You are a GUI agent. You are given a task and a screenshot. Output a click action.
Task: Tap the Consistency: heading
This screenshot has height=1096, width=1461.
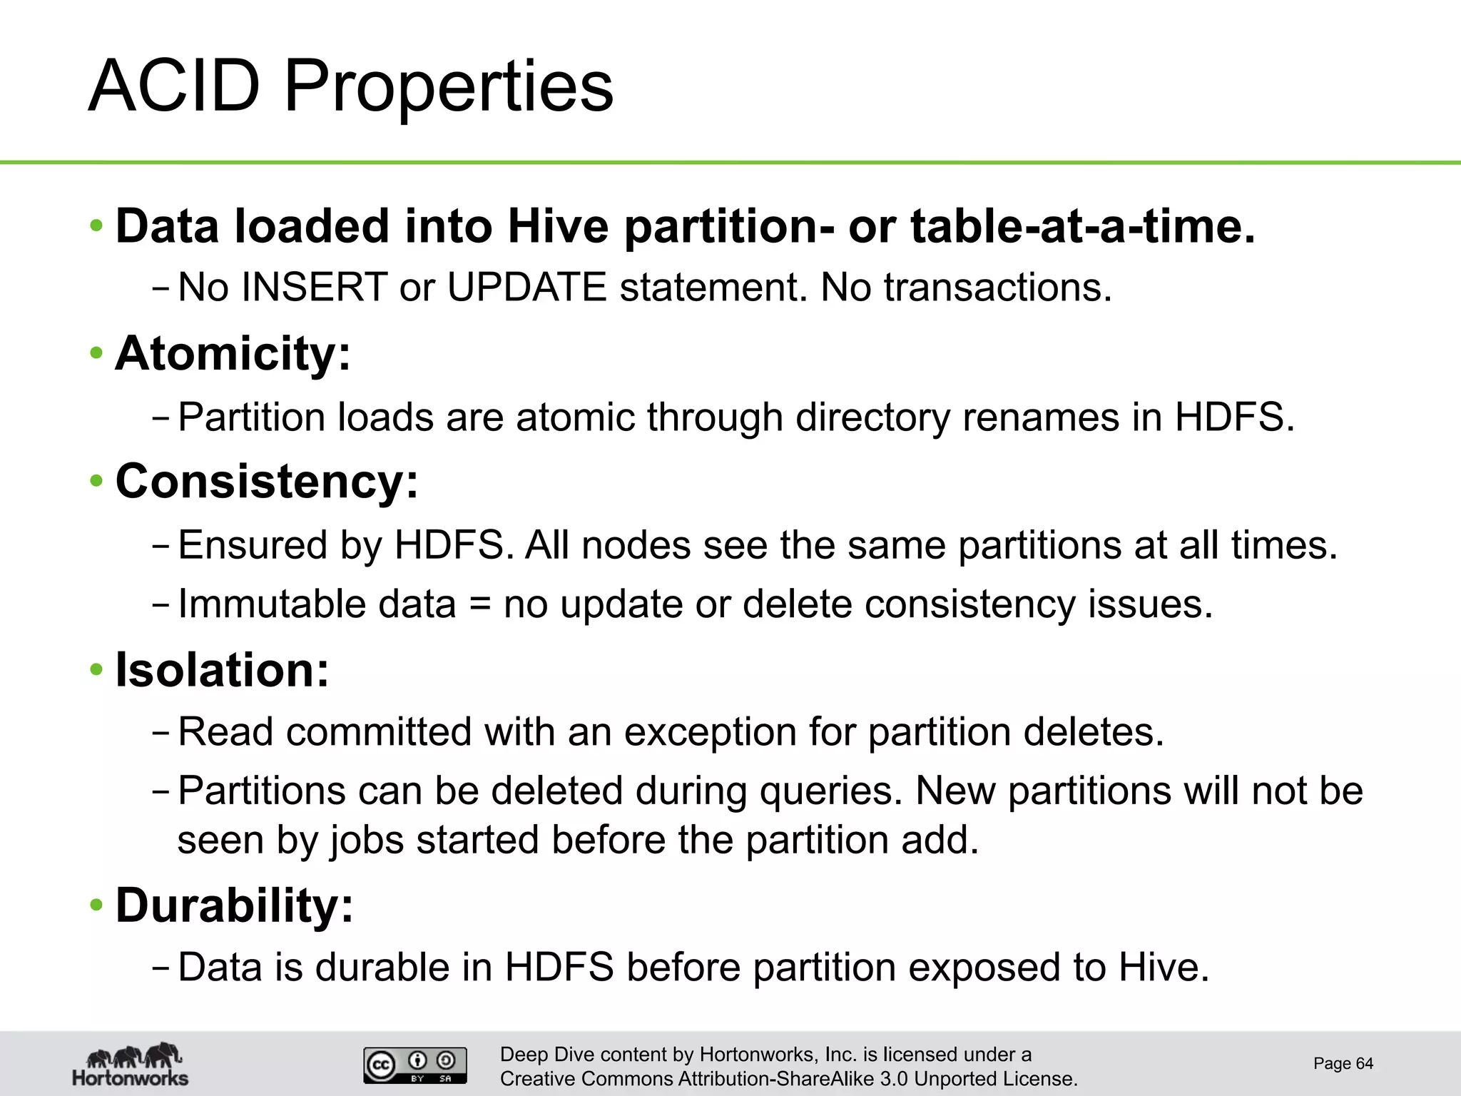267,481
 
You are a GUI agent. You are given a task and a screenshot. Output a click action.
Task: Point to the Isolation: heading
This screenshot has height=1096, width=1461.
223,670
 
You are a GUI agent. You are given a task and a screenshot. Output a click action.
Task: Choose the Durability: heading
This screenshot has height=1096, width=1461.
235,905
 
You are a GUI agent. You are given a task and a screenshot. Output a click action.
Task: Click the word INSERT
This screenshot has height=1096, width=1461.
315,288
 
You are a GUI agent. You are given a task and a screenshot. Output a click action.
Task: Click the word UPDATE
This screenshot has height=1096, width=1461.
526,288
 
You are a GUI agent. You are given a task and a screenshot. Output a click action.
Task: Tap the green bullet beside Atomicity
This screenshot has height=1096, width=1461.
96,353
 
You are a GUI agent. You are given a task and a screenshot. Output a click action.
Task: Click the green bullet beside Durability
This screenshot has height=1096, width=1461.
96,905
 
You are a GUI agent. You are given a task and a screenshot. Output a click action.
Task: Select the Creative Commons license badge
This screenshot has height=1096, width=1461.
415,1065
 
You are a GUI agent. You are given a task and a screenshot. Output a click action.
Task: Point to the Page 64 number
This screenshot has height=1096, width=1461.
1343,1064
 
